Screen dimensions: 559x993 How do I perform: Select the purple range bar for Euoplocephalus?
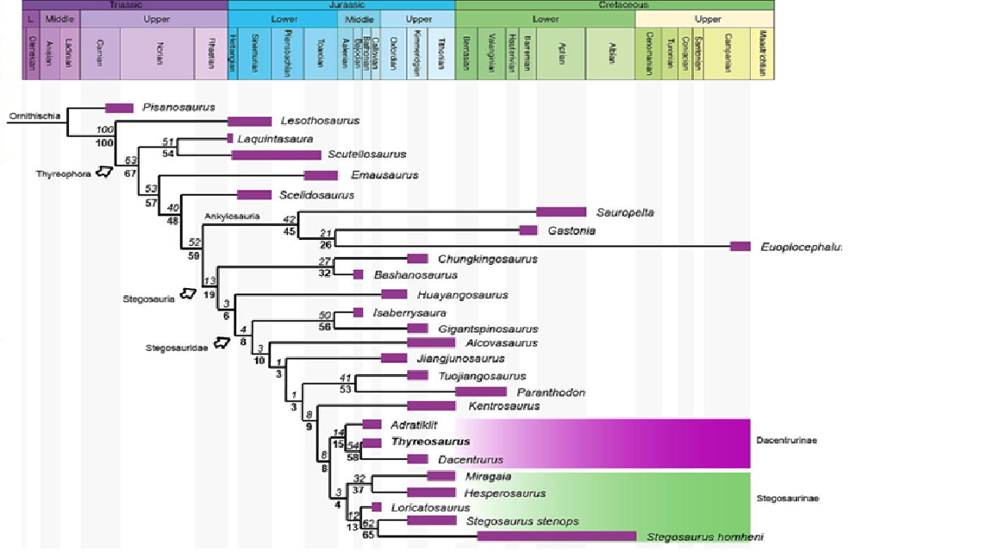[x=740, y=246]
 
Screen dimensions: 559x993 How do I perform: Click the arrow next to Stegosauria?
[x=187, y=295]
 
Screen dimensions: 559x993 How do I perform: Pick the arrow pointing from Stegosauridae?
[x=222, y=343]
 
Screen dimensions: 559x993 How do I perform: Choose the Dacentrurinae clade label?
[x=787, y=441]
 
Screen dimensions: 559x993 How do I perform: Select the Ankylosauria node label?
[x=232, y=216]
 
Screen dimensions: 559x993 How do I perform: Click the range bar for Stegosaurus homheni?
[x=557, y=537]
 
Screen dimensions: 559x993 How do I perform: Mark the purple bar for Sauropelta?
[x=561, y=211]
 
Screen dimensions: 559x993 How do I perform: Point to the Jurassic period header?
[x=340, y=4]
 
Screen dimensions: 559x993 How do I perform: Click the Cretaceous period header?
[x=613, y=4]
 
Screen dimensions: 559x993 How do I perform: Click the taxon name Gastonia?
[x=571, y=230]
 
